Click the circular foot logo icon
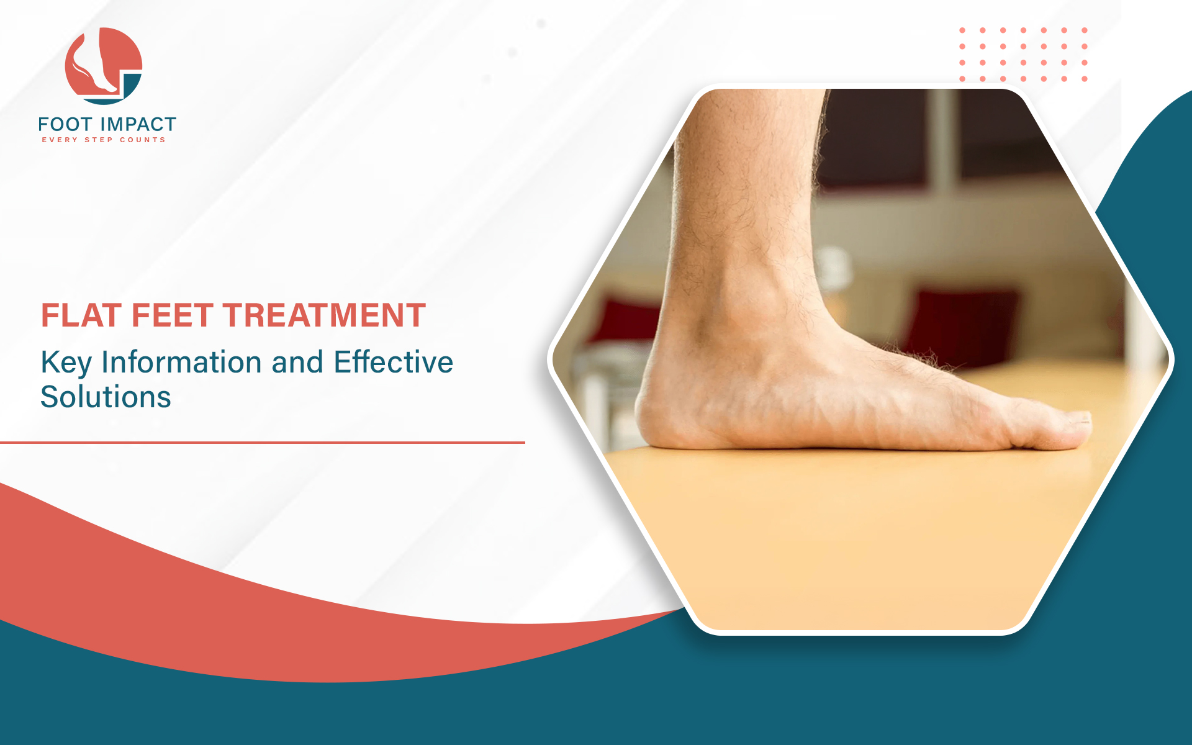[x=104, y=66]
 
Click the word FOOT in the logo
[x=65, y=125]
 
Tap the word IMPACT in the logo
[x=138, y=125]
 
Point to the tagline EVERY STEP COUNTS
[x=104, y=140]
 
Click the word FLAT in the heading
[x=81, y=315]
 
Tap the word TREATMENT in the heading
[x=325, y=315]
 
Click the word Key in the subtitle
[x=66, y=363]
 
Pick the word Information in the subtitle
[x=181, y=362]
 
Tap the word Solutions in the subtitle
[x=106, y=397]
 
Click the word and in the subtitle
[x=297, y=362]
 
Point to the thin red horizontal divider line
[x=263, y=443]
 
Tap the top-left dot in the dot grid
[x=962, y=30]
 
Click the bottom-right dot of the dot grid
[x=1085, y=79]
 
